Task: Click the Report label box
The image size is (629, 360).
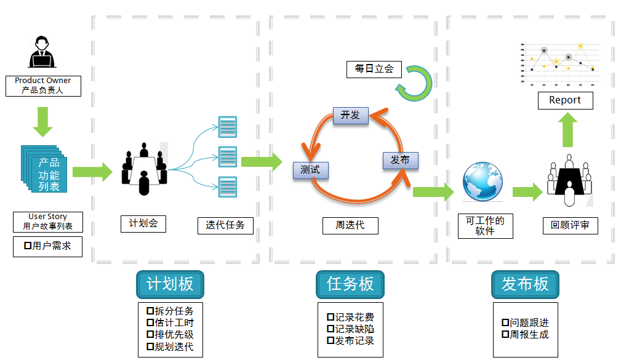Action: tap(565, 100)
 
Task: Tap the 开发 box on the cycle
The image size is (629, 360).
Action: tap(350, 115)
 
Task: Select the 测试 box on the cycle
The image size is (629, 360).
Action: tap(310, 169)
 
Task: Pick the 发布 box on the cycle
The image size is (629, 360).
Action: tap(400, 160)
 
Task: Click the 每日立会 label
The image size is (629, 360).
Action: tap(374, 69)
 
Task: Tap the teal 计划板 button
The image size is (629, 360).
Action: tap(170, 284)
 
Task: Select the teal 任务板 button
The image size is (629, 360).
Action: tap(350, 284)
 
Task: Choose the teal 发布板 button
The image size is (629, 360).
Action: tap(525, 284)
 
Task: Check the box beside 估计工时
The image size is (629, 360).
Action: tap(150, 322)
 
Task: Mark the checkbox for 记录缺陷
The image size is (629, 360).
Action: tap(331, 329)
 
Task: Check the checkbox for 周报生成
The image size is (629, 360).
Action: tap(505, 335)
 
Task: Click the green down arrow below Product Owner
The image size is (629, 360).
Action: tap(42, 121)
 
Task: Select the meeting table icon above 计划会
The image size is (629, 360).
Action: tap(144, 170)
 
